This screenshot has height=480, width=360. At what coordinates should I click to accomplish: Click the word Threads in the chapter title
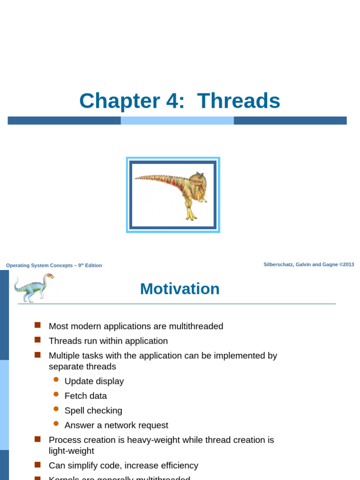(239, 101)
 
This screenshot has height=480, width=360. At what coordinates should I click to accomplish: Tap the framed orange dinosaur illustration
(173, 195)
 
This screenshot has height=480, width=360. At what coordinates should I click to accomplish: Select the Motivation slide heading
(180, 289)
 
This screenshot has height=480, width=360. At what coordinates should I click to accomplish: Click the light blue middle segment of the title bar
(177, 120)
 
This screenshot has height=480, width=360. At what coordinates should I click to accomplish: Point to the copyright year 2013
(348, 264)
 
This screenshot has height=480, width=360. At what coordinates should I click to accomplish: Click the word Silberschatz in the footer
(278, 264)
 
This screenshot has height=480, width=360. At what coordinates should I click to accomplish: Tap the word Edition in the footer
(93, 265)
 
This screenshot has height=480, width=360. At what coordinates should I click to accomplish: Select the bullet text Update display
(94, 381)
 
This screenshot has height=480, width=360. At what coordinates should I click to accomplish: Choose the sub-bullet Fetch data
(86, 396)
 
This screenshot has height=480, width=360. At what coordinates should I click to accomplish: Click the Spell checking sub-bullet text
(93, 411)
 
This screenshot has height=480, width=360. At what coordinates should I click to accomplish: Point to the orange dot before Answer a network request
(56, 423)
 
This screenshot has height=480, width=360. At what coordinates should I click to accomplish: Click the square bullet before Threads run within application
(38, 339)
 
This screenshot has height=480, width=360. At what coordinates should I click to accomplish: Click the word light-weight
(71, 451)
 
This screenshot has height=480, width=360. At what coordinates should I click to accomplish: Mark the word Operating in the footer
(18, 265)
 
